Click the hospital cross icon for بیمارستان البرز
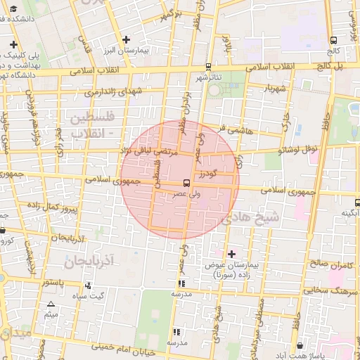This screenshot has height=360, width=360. [126, 39]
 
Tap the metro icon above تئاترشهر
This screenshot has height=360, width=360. [208, 67]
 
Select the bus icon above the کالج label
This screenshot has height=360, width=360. [333, 41]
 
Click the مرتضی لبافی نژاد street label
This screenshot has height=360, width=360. [152, 150]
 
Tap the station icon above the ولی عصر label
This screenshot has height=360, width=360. [186, 183]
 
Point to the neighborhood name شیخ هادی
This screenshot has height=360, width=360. [250, 218]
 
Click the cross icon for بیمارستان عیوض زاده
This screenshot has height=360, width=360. [232, 253]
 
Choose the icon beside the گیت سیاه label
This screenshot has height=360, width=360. [88, 285]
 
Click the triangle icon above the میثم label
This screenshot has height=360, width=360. [51, 304]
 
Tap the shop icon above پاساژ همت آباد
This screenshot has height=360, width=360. [300, 345]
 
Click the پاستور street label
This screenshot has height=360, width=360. [55, 283]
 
